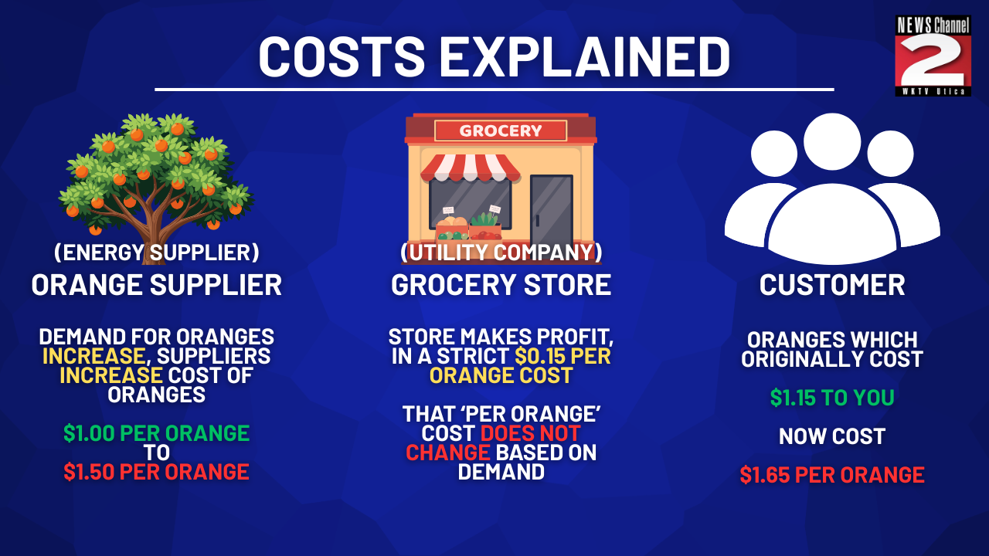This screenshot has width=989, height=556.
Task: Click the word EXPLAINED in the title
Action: point(584,57)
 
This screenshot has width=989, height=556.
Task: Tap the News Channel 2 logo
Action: point(933,56)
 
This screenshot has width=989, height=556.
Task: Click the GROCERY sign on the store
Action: point(500,131)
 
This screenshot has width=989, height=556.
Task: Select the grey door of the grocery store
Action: point(552,211)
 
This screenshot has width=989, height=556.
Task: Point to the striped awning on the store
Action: point(470,168)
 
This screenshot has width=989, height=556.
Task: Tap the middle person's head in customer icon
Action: point(832,141)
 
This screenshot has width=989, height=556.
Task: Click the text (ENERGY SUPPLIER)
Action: point(156,253)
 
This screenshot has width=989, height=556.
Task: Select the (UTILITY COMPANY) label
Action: point(501,253)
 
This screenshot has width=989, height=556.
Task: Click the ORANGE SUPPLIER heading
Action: point(156,285)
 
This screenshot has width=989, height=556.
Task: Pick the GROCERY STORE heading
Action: point(501,285)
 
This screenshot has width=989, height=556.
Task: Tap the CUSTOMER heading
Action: point(832,285)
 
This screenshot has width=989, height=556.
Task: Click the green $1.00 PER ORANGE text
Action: point(156,433)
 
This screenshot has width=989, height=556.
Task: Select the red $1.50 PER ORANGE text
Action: point(156,472)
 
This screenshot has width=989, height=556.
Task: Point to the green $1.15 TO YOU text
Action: point(832,398)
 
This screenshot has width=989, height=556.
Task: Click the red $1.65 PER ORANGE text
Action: point(832,475)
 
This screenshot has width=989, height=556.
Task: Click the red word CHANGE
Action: point(447,453)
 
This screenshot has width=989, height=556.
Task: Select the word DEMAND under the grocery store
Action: point(501,472)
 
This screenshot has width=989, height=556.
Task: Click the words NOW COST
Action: point(832,436)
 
